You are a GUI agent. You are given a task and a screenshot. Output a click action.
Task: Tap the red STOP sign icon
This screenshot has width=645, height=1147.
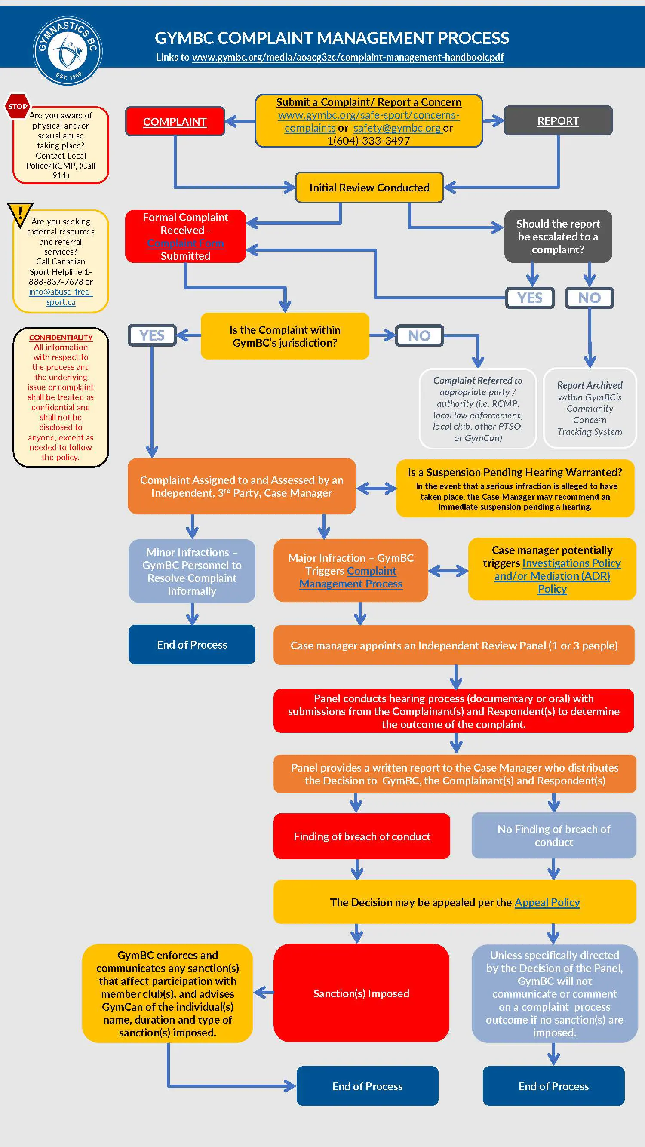(x=17, y=106)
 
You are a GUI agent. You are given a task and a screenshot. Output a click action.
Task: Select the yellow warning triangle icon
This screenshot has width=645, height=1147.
(x=20, y=214)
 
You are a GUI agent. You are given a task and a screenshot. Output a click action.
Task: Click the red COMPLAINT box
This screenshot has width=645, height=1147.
(x=175, y=122)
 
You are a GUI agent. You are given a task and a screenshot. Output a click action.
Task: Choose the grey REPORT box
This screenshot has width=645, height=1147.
(x=558, y=121)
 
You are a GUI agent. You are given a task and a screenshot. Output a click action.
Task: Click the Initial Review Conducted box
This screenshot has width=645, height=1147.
(x=369, y=188)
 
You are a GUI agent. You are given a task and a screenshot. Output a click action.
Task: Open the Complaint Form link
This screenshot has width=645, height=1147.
(x=185, y=243)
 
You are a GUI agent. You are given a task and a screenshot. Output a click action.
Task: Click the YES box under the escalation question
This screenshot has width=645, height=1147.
(x=530, y=298)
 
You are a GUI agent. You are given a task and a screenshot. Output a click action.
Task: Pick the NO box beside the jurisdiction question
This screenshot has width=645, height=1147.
(x=419, y=335)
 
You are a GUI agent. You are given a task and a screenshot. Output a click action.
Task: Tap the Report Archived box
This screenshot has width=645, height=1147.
(x=590, y=408)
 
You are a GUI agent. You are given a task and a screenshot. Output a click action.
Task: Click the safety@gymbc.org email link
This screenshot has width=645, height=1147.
(x=397, y=128)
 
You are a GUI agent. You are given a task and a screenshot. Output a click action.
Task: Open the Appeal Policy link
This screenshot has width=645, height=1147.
(x=547, y=902)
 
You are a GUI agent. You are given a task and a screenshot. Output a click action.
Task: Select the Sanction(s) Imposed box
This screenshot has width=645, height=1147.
(x=361, y=993)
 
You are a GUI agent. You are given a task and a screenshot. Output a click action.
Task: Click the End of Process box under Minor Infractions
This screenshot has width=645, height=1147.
(x=192, y=644)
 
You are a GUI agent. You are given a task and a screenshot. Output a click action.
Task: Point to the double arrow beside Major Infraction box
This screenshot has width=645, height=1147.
(x=448, y=570)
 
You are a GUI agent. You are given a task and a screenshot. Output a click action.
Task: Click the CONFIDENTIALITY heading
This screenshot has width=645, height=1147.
(x=61, y=338)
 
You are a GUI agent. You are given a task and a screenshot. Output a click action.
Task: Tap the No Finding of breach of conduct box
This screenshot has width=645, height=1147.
(x=553, y=835)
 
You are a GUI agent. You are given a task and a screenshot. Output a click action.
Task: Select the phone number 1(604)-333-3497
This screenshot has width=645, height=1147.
(x=369, y=141)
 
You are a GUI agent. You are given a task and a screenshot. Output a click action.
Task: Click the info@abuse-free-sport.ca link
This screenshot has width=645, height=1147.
(x=61, y=297)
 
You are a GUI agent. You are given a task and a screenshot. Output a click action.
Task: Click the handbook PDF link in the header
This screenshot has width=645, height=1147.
(x=347, y=58)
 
